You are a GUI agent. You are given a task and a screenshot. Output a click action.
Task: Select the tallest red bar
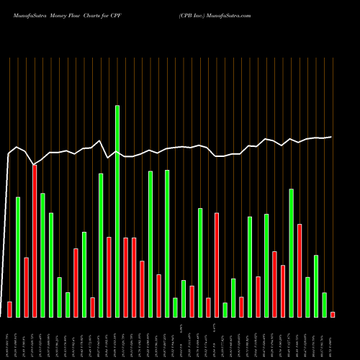coord(35,241)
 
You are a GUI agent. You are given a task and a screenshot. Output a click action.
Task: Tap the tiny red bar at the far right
coord(333,314)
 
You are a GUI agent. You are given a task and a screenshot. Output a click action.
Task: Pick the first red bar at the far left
coord(9,309)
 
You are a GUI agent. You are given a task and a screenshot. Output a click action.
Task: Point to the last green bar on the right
coord(324,305)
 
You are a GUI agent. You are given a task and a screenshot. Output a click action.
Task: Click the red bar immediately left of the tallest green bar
coord(109,276)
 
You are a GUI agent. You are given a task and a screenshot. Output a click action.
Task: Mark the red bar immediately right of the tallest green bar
coord(125,277)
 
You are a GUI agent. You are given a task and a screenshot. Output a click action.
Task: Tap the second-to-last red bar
coord(300,271)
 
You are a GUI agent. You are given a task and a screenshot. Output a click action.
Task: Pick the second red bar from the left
coord(26,287)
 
